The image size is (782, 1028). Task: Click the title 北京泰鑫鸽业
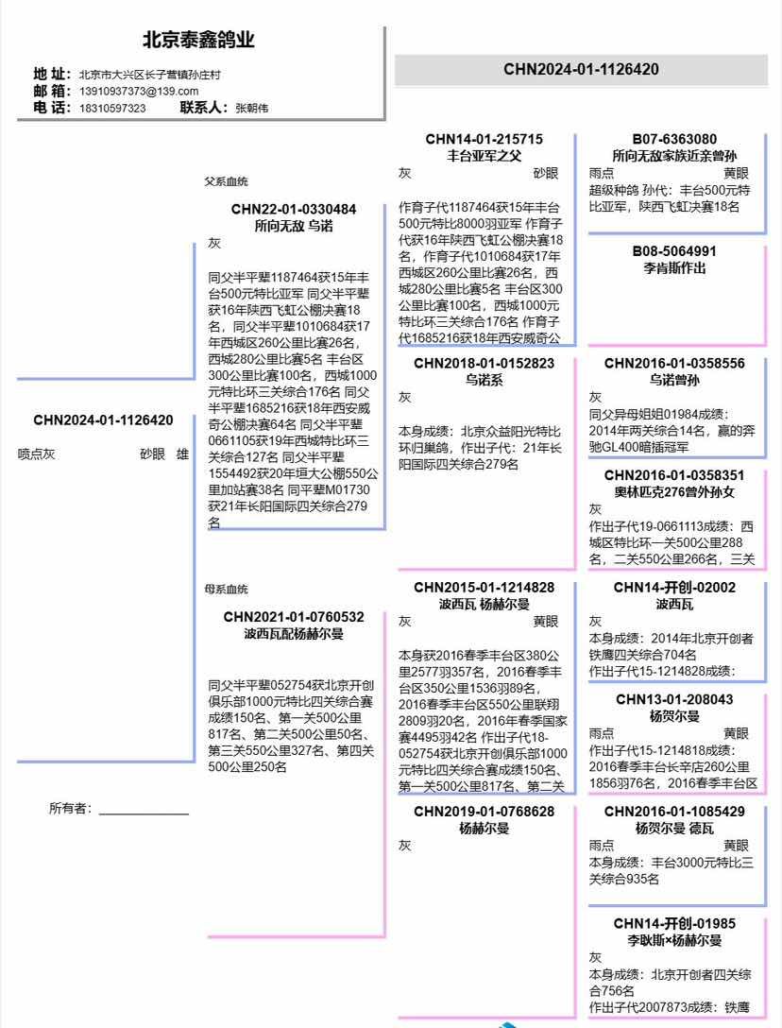198,41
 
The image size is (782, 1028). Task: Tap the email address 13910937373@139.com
139,91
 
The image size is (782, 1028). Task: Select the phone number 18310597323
112,108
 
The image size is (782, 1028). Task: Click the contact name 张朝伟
251,108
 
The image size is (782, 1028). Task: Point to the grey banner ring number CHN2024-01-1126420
581,69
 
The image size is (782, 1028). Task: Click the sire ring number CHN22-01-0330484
294,209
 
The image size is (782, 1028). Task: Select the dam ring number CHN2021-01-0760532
294,617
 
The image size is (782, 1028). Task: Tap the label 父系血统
227,181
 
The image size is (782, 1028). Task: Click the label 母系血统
227,589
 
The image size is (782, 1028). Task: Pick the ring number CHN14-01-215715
484,139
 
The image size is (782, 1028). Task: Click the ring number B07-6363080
674,139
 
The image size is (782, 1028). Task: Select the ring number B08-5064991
674,251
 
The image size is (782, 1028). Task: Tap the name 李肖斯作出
674,267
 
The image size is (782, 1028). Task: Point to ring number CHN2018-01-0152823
484,363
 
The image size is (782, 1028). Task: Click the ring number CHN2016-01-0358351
674,475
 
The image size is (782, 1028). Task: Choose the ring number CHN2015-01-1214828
484,588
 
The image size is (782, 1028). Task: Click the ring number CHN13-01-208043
674,699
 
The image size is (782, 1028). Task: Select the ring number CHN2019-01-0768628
484,812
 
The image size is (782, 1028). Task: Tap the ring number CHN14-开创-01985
674,923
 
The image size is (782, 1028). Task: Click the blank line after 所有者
144,810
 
